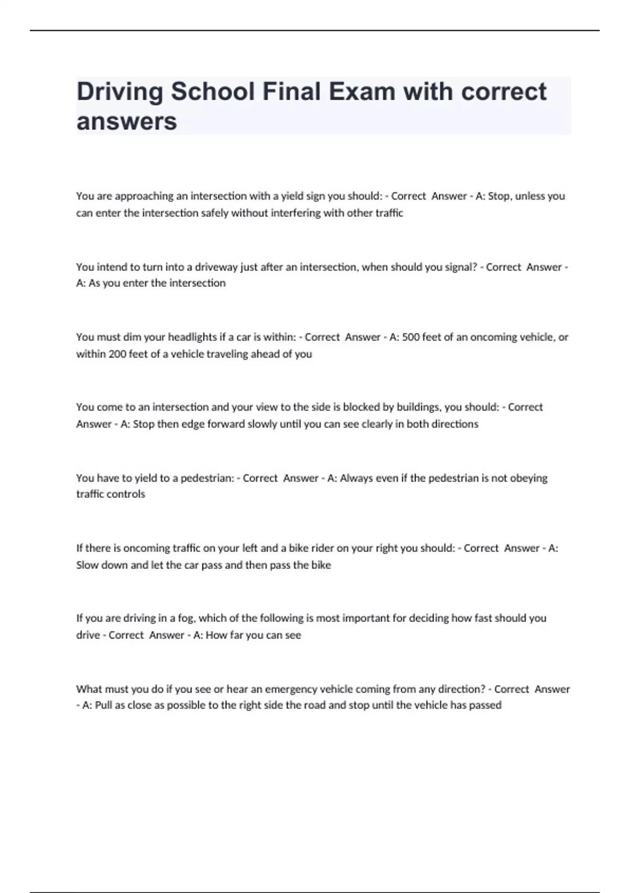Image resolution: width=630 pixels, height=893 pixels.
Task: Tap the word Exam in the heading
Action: click(362, 92)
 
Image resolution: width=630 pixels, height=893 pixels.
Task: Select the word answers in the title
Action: click(127, 122)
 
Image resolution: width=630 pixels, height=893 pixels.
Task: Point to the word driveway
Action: click(216, 267)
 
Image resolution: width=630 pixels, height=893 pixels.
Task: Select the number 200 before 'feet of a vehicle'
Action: click(118, 354)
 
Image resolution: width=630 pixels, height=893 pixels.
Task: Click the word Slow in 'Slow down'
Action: click(87, 565)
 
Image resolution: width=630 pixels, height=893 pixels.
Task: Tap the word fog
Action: click(186, 618)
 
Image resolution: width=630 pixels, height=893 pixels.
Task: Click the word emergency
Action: click(291, 689)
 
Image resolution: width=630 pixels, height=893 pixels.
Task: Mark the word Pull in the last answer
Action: click(103, 705)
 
